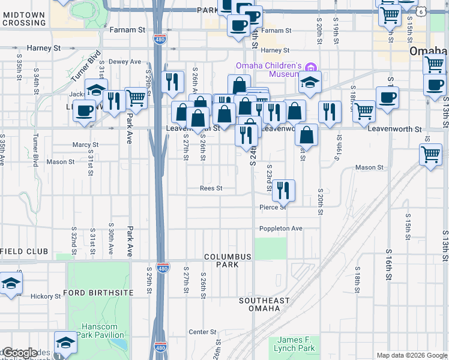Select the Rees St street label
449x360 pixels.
(x=211, y=188)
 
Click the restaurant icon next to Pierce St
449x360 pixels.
(x=283, y=190)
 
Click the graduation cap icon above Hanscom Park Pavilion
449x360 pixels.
(x=65, y=343)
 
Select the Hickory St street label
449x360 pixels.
(x=46, y=296)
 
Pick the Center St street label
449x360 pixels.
(x=202, y=332)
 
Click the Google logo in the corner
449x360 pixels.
(x=19, y=353)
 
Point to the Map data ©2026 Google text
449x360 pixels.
(x=411, y=355)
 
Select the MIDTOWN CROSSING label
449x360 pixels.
(x=23, y=19)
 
